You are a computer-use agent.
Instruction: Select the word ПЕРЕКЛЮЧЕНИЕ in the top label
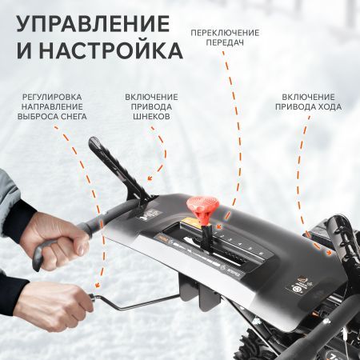(224, 32)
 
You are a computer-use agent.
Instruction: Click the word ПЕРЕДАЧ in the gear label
(224, 45)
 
